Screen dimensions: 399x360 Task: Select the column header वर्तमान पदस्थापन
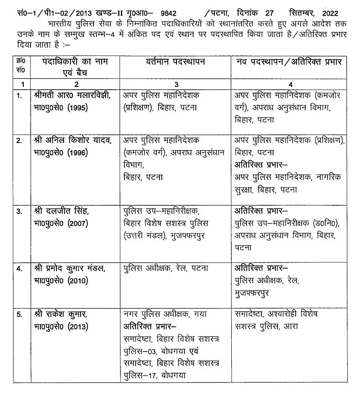pyautogui.click(x=176, y=62)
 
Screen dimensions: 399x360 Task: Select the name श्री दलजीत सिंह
pyautogui.click(x=60, y=211)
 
